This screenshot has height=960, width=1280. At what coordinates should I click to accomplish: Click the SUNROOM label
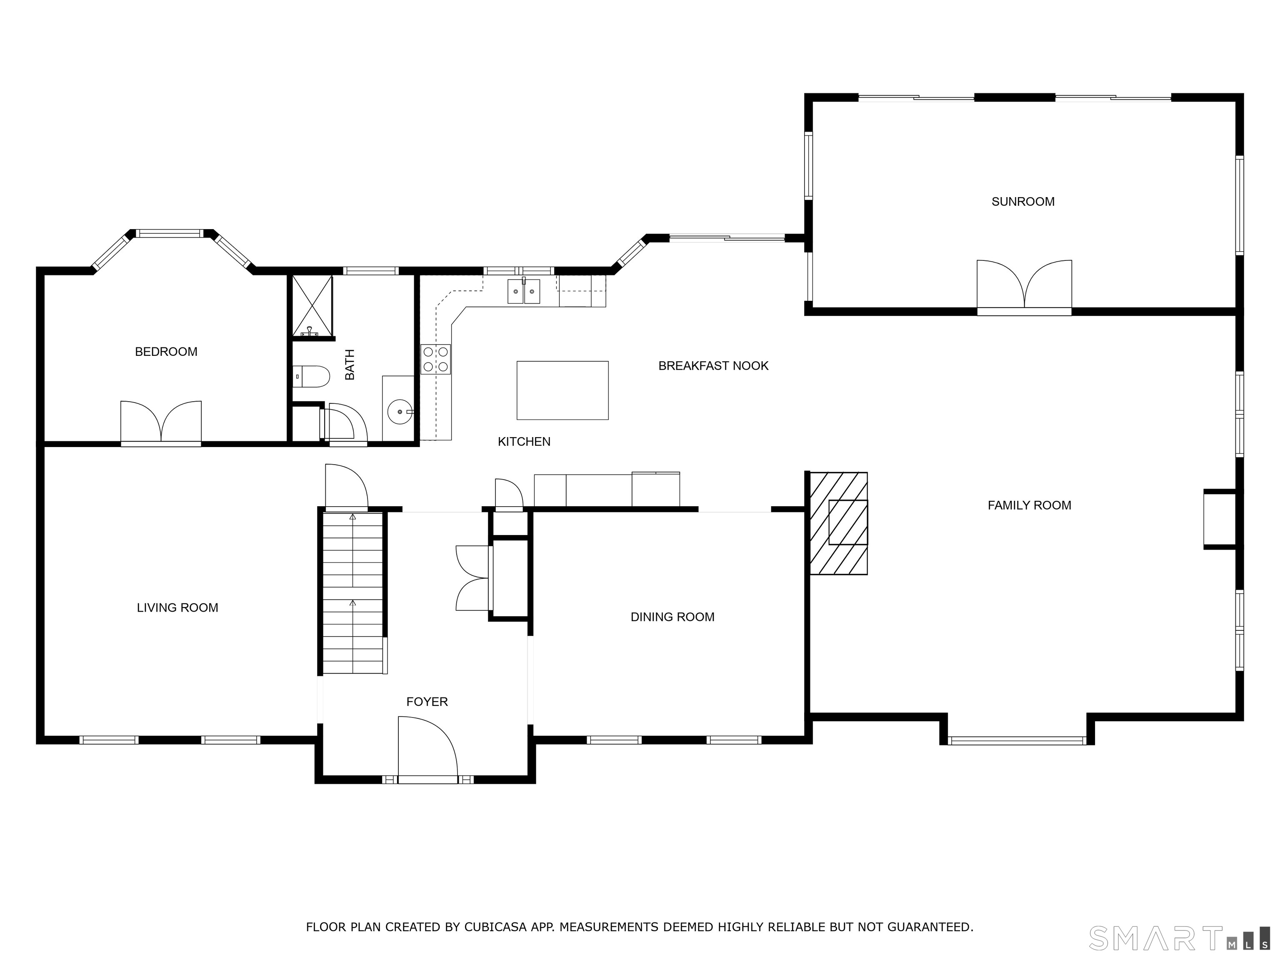(1022, 201)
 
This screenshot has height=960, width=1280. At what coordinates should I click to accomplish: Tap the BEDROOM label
(166, 351)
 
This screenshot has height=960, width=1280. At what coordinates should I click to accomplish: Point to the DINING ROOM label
(672, 617)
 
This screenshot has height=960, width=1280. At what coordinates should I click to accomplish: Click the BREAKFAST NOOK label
(713, 366)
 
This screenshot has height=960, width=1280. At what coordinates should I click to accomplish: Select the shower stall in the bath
(312, 306)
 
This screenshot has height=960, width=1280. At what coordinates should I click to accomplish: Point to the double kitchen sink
(524, 291)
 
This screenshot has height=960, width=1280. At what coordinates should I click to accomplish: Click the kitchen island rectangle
(562, 390)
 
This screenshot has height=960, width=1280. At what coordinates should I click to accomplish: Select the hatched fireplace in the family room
(838, 523)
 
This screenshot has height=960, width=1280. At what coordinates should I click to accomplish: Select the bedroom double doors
(161, 423)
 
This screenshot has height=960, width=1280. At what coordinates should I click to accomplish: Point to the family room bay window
(1017, 740)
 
